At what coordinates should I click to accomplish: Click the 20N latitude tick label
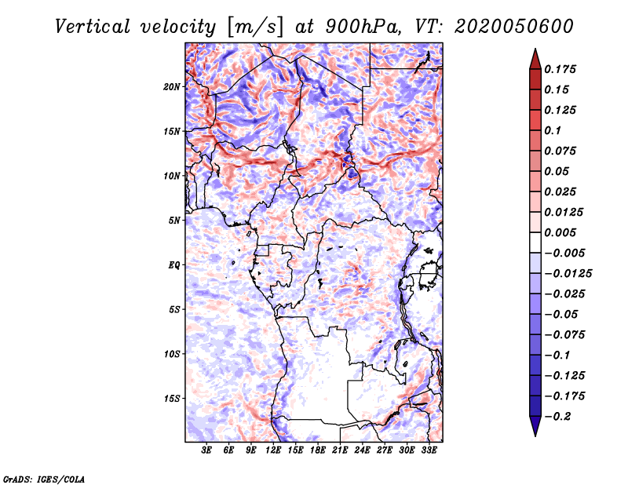(171, 87)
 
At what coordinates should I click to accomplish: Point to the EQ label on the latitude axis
(173, 265)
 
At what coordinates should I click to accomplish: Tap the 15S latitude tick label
(171, 399)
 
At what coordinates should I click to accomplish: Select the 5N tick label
(173, 221)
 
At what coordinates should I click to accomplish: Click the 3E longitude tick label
(206, 450)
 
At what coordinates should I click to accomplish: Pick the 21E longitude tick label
(340, 450)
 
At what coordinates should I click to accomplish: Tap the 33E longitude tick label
(429, 450)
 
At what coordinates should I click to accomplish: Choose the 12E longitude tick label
(273, 450)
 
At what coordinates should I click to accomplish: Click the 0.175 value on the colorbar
(560, 69)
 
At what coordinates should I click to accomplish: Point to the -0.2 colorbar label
(557, 417)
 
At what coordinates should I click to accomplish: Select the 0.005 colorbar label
(560, 232)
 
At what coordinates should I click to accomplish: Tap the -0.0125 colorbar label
(568, 274)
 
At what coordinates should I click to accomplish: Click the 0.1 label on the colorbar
(553, 130)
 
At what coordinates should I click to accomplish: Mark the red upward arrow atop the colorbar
(535, 60)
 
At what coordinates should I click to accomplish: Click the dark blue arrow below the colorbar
(535, 426)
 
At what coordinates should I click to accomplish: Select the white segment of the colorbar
(535, 242)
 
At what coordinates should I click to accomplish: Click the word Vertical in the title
(93, 27)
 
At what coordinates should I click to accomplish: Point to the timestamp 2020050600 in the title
(514, 27)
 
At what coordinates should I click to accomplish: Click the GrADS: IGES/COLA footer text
(44, 479)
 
